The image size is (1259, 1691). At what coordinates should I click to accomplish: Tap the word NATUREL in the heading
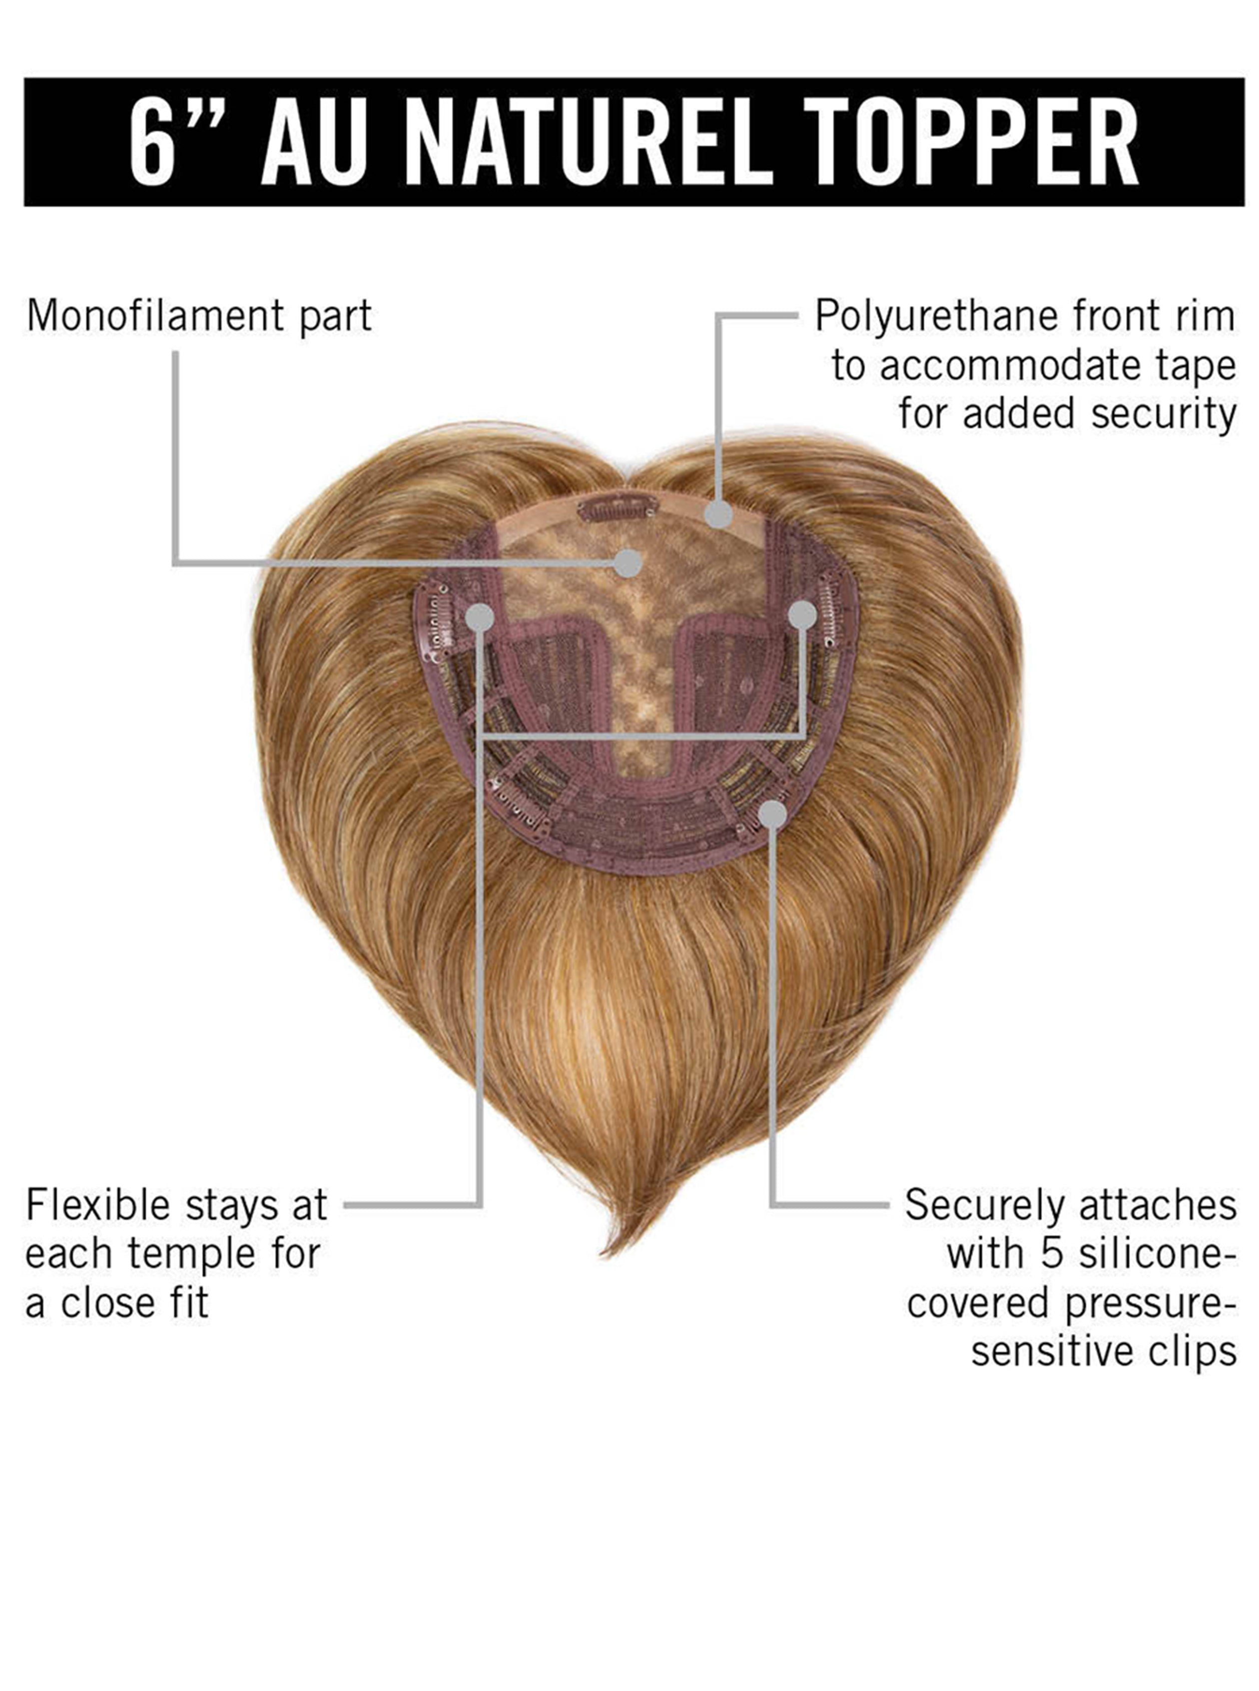click(x=585, y=142)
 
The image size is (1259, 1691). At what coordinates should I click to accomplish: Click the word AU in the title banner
click(x=314, y=142)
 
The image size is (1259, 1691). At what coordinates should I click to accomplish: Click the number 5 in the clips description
click(x=1052, y=1254)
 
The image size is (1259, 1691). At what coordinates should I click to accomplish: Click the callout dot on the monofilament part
click(x=628, y=563)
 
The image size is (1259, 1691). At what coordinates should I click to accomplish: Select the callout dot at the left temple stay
click(x=479, y=617)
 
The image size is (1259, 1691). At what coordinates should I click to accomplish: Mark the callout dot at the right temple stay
click(x=802, y=615)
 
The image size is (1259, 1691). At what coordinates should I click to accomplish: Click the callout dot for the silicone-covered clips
click(x=773, y=814)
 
